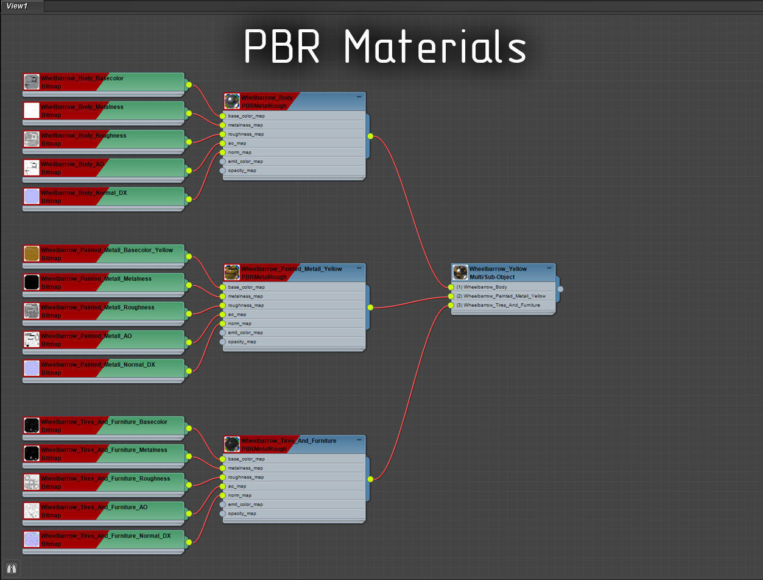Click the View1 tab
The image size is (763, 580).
(x=17, y=6)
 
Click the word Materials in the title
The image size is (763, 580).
(x=435, y=47)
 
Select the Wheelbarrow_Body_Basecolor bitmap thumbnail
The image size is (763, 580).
(x=32, y=82)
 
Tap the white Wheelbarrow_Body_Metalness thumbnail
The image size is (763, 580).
(x=32, y=111)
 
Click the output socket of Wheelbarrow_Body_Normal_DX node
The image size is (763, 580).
(x=189, y=199)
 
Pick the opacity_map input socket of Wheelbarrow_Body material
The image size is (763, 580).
(x=222, y=171)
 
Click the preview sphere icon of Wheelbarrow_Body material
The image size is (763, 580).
(x=232, y=102)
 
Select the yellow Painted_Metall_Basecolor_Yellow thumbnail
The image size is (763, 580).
(x=32, y=254)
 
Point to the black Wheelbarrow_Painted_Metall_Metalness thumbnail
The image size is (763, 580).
(x=32, y=283)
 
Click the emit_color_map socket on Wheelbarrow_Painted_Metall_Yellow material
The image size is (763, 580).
(x=222, y=333)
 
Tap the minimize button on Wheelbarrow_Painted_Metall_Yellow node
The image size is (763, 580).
(x=359, y=268)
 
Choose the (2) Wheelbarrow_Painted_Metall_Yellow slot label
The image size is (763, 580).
(x=501, y=296)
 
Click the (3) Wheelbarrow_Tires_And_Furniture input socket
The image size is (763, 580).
(x=451, y=305)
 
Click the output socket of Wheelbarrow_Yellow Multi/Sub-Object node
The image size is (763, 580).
(x=560, y=289)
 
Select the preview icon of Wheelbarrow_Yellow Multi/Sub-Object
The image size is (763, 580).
(x=460, y=273)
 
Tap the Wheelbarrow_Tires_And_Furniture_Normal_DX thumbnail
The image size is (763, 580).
(x=32, y=540)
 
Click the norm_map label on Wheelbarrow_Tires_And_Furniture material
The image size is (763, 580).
(x=240, y=495)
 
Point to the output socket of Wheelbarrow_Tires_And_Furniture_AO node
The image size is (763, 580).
(x=189, y=513)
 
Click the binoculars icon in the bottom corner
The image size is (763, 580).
(x=11, y=568)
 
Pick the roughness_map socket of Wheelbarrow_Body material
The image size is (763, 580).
(x=222, y=134)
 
